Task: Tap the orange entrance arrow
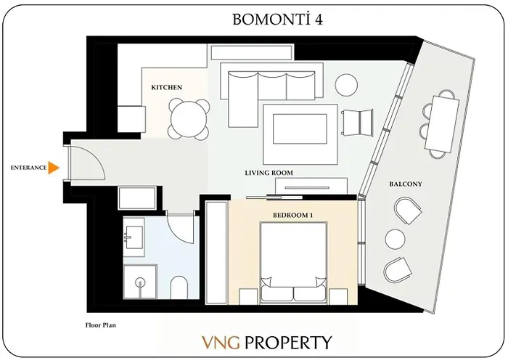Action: coord(52,168)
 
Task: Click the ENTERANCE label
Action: coord(28,168)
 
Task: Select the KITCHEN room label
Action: coord(166,87)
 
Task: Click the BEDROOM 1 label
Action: coord(292,216)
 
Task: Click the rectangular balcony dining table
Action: coord(443,123)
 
